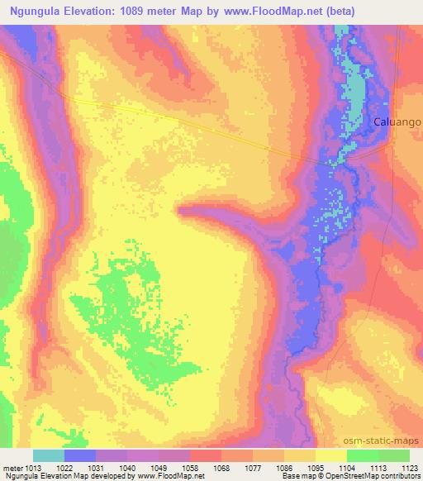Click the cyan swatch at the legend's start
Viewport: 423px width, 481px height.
coord(49,455)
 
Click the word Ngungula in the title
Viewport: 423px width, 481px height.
coord(34,10)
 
